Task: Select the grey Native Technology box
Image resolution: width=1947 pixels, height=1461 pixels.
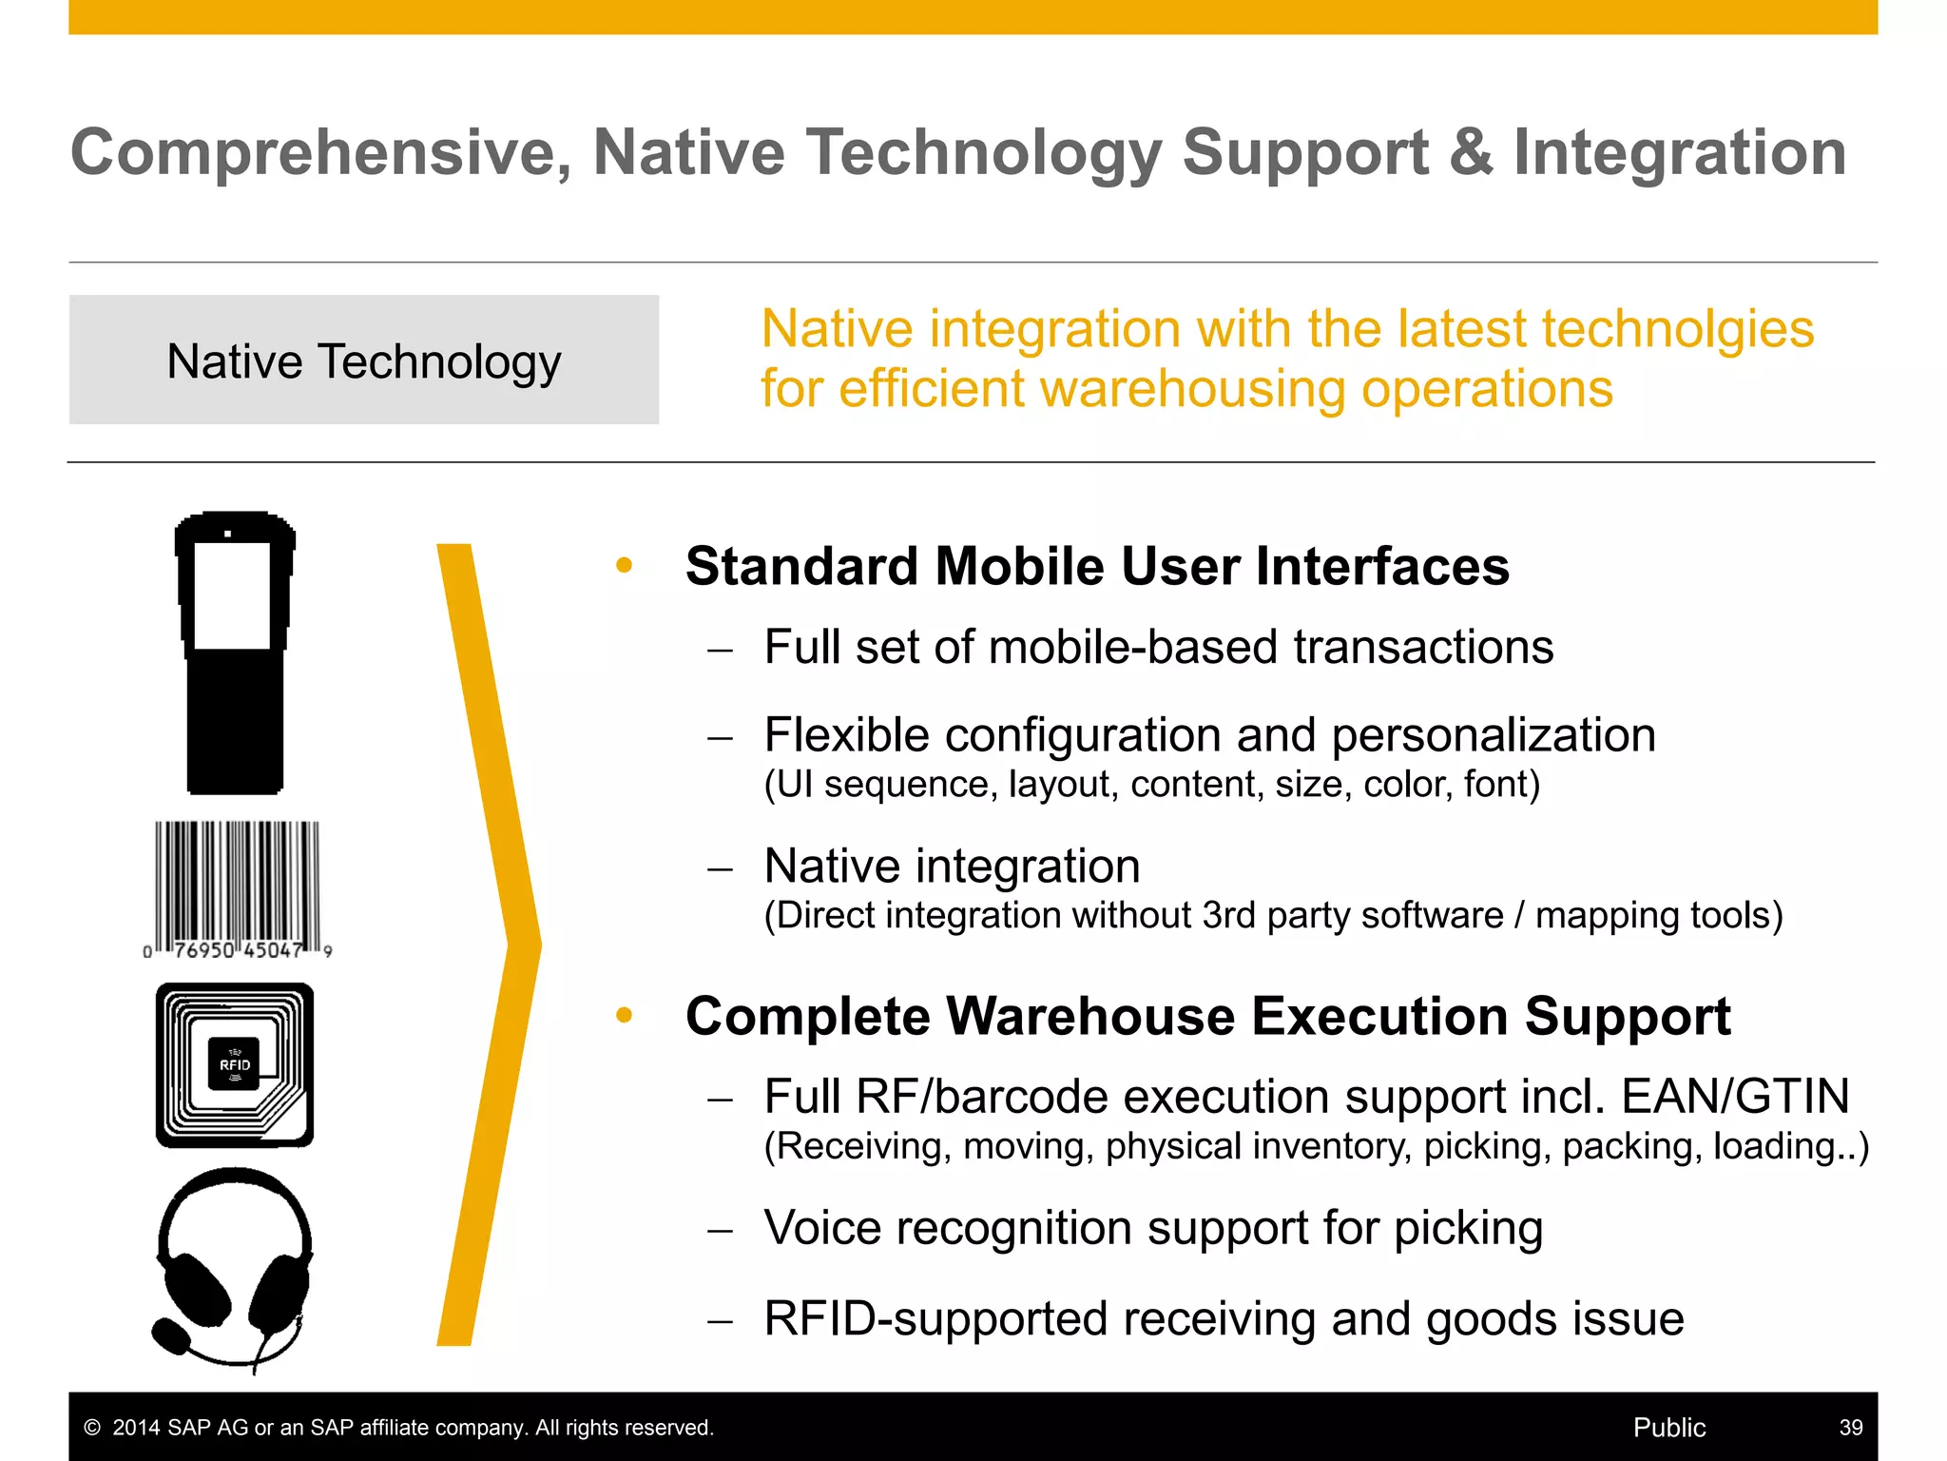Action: click(364, 360)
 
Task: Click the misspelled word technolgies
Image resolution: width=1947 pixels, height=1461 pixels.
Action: click(1678, 329)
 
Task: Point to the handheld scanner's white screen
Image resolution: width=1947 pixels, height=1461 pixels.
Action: click(232, 595)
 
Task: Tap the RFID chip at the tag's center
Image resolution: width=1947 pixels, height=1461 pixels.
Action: click(234, 1063)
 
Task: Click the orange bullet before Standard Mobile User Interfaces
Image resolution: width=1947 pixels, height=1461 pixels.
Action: click(624, 566)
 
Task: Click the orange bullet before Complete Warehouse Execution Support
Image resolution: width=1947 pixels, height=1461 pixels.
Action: click(624, 1016)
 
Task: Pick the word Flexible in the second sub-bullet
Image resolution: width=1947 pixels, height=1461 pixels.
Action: click(847, 735)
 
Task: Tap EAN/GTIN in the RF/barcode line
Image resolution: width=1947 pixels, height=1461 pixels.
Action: click(1735, 1096)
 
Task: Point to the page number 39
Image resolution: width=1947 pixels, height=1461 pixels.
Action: click(1850, 1428)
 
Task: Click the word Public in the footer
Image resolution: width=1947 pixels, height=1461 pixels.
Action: click(1668, 1428)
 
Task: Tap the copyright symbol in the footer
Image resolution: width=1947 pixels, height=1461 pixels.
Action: click(92, 1428)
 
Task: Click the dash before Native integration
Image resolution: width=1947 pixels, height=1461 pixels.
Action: click(721, 868)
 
